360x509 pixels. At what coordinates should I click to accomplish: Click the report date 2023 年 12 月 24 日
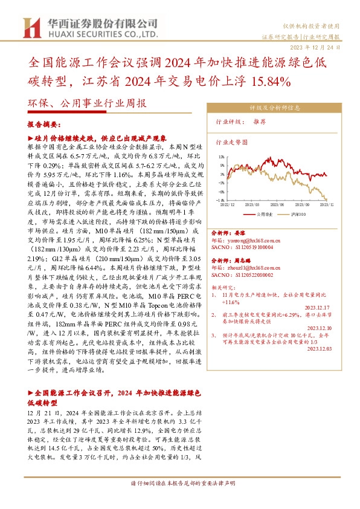coord(323,47)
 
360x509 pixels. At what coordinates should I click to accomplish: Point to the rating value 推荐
coord(259,122)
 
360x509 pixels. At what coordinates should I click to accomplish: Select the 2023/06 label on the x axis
coord(278,205)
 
